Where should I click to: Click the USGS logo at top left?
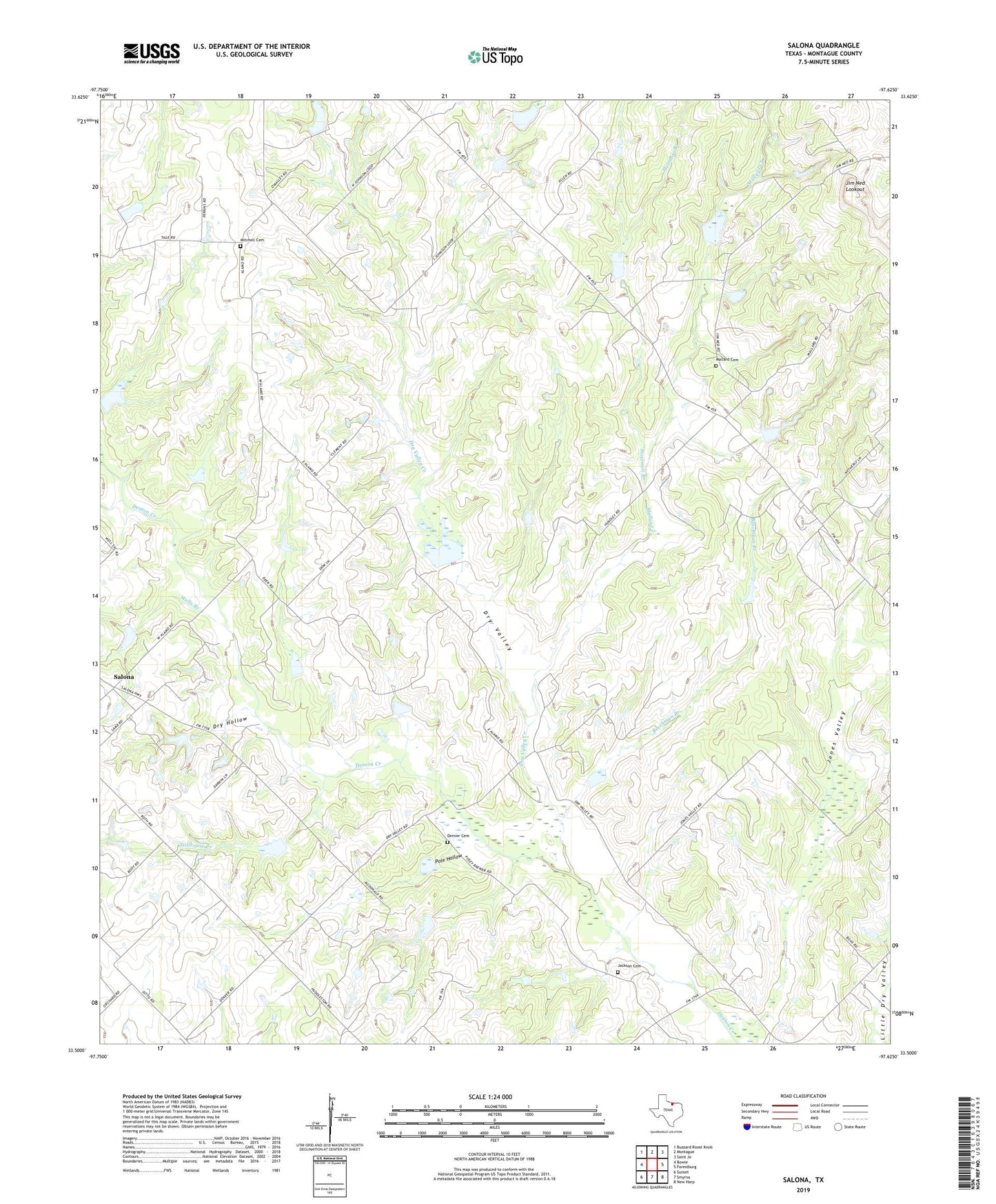(x=151, y=53)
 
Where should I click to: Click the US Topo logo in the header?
(x=495, y=57)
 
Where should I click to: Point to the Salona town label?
(x=124, y=677)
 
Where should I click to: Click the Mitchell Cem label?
(x=252, y=240)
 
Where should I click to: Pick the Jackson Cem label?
(x=629, y=965)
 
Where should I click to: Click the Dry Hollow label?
(x=230, y=723)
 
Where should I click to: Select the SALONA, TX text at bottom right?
(x=803, y=1180)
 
